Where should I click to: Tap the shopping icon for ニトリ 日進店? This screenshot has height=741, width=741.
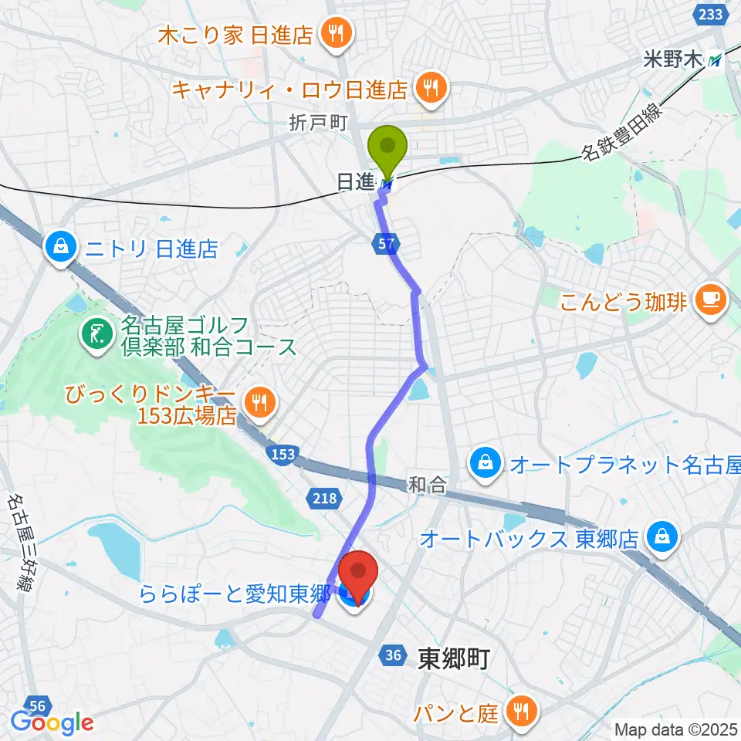pyautogui.click(x=59, y=249)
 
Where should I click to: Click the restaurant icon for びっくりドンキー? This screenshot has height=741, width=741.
pyautogui.click(x=259, y=401)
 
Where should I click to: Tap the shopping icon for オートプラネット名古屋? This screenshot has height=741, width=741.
pyautogui.click(x=484, y=465)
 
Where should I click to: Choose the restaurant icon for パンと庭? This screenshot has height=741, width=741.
pyautogui.click(x=523, y=710)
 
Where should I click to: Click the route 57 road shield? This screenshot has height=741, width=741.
pyautogui.click(x=390, y=245)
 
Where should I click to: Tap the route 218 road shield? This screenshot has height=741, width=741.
pyautogui.click(x=325, y=498)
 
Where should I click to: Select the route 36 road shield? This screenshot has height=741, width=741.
pyautogui.click(x=393, y=655)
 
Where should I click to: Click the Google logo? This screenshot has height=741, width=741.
pyautogui.click(x=52, y=722)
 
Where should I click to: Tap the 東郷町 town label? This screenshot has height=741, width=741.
pyautogui.click(x=453, y=658)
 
